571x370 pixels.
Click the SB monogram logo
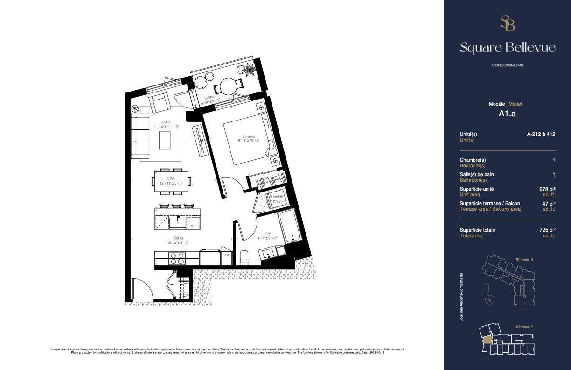tap(507, 23)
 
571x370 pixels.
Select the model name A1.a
tap(507, 113)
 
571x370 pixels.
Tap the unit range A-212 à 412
tap(541, 134)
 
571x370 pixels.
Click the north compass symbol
tap(489, 300)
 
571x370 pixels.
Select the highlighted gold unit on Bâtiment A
tap(487, 340)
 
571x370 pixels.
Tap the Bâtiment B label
tap(524, 259)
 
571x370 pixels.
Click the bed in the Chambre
tap(245, 142)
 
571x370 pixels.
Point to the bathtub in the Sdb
tap(290, 227)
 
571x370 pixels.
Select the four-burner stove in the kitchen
tap(177, 258)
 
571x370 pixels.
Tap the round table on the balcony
tap(229, 86)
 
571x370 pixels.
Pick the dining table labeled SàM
tap(171, 180)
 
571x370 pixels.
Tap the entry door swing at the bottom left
tap(142, 290)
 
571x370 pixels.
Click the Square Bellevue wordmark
tap(507, 48)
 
